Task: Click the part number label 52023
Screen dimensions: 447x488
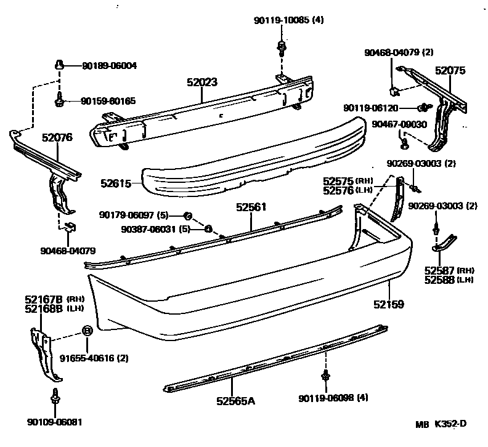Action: pos(204,82)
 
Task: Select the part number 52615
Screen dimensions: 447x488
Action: pos(115,183)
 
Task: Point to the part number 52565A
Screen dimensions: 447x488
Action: pos(235,401)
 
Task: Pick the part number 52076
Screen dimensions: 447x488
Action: pos(57,138)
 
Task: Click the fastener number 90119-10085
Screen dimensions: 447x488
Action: pos(279,20)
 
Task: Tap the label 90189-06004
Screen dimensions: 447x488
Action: pos(109,65)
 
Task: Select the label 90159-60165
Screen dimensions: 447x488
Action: pos(109,101)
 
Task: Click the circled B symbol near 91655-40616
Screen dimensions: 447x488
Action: pos(87,331)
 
